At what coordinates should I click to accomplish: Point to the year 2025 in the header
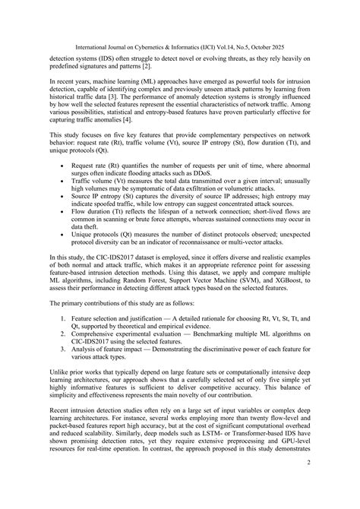tap(316, 13)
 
